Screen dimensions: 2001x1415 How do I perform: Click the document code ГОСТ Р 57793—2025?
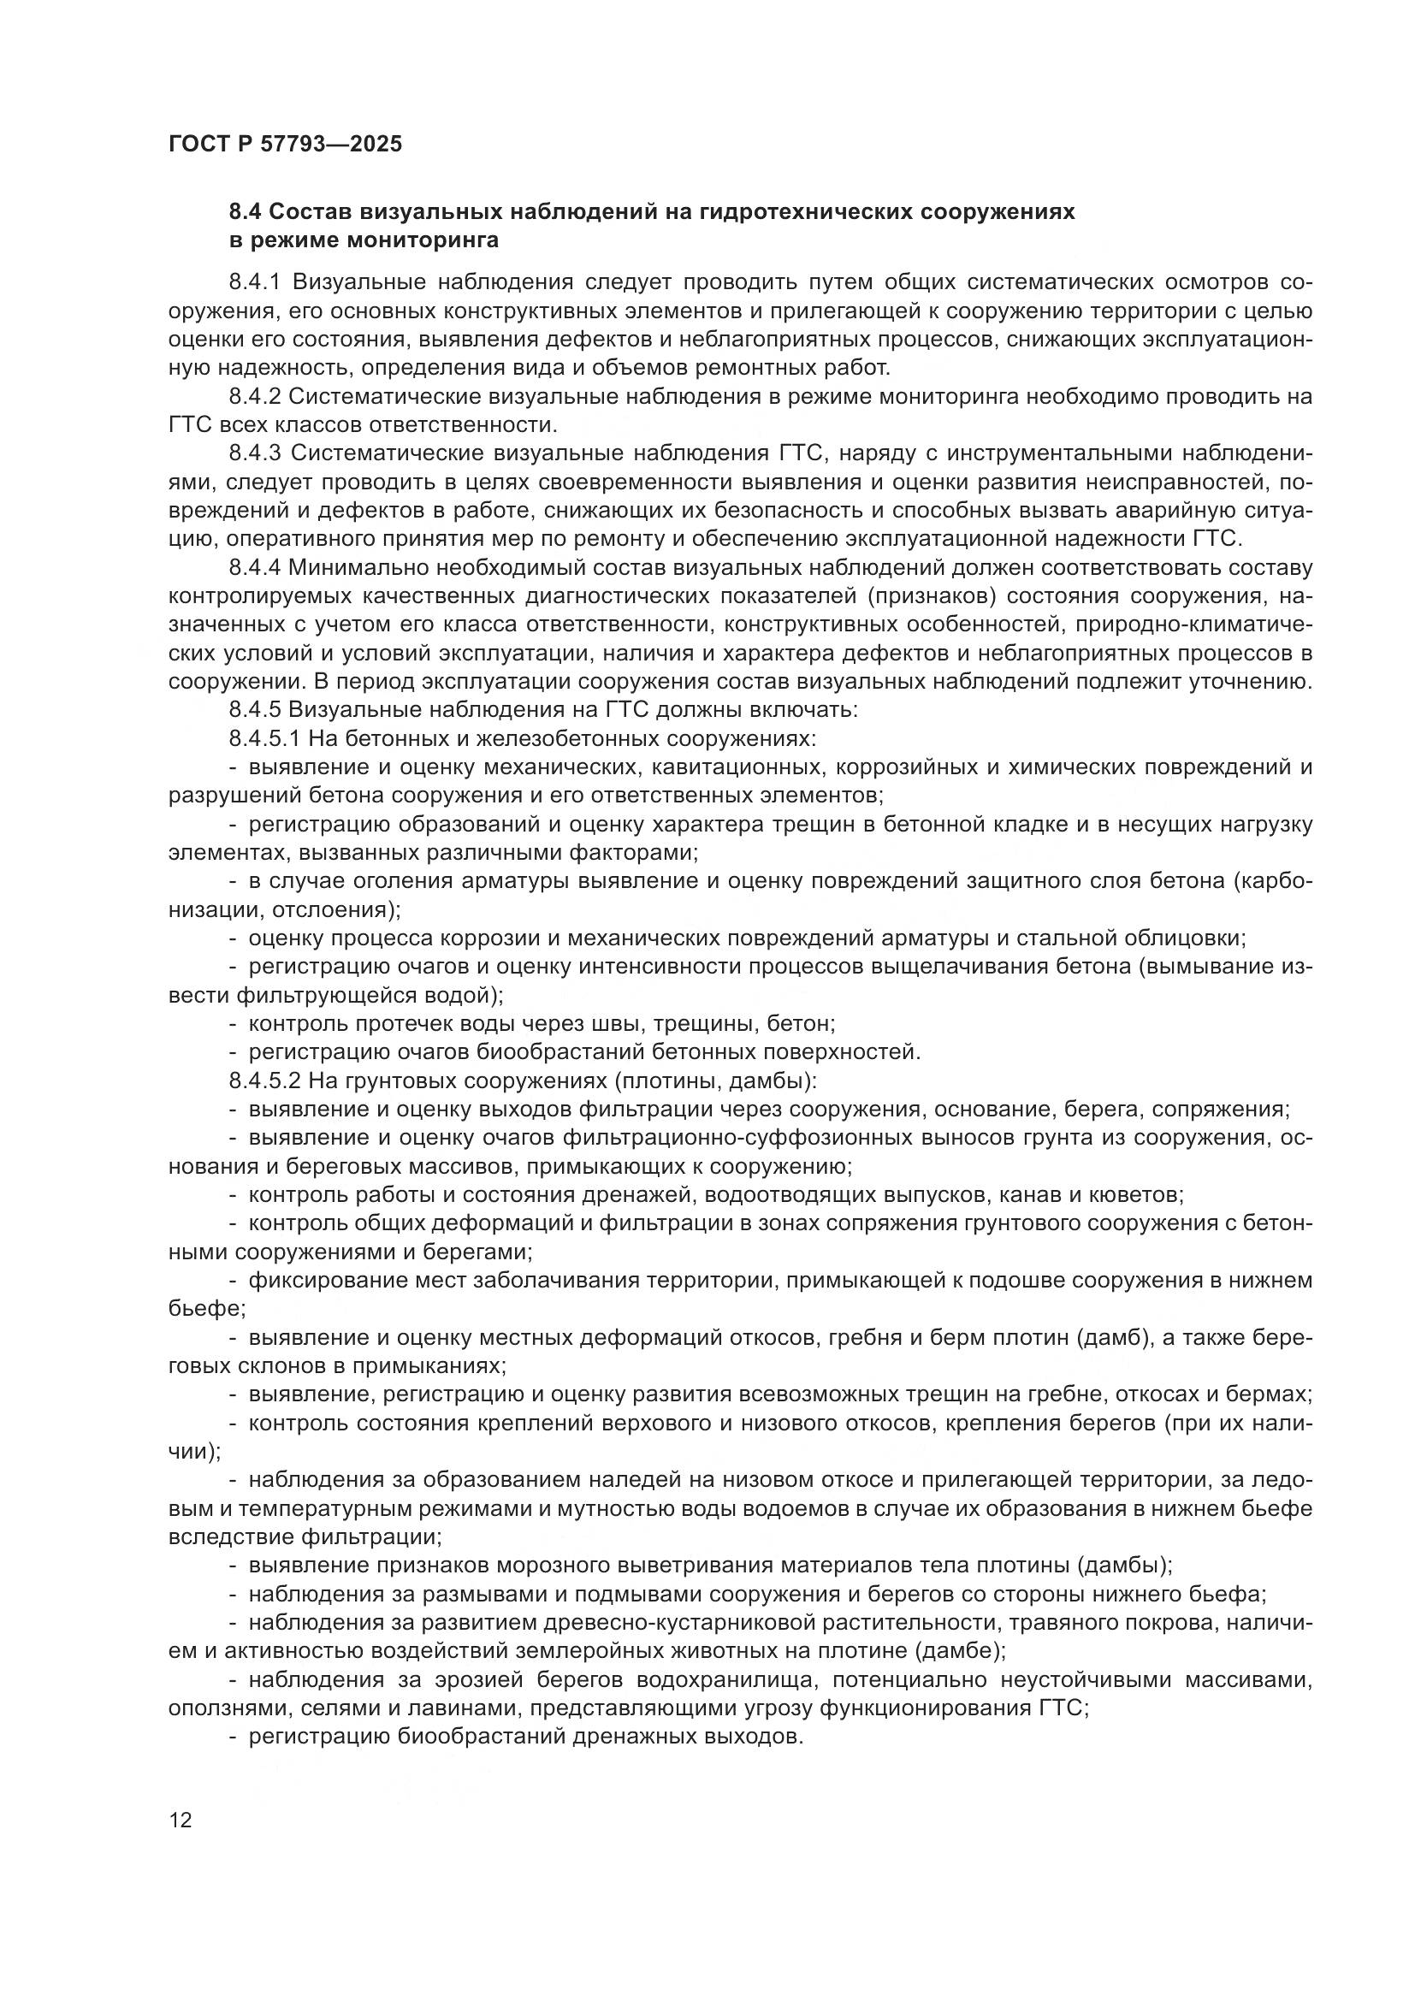285,145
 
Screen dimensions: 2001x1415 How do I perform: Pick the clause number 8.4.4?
254,568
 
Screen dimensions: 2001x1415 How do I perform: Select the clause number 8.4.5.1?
264,739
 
